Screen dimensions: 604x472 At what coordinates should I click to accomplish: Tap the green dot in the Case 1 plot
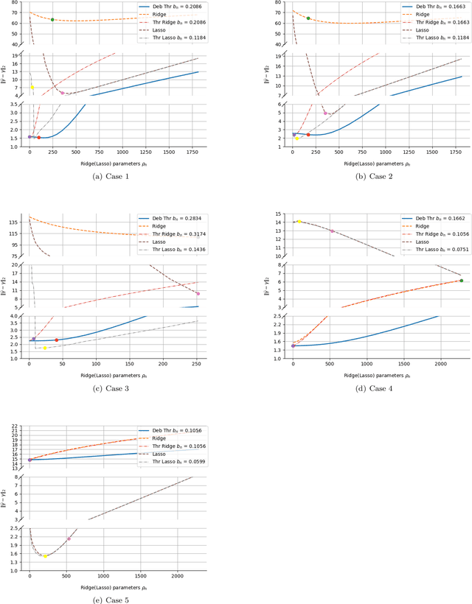click(x=52, y=20)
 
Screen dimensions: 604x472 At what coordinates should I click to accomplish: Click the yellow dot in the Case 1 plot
click(x=32, y=88)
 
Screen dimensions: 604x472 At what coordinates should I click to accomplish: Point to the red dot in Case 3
click(x=57, y=340)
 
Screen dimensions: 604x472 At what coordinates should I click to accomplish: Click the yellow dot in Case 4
click(x=299, y=221)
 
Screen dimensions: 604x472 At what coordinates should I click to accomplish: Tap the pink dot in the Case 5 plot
click(x=69, y=539)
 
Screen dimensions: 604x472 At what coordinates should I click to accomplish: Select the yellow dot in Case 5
click(x=45, y=556)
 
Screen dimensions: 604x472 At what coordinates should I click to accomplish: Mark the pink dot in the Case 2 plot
click(x=325, y=113)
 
